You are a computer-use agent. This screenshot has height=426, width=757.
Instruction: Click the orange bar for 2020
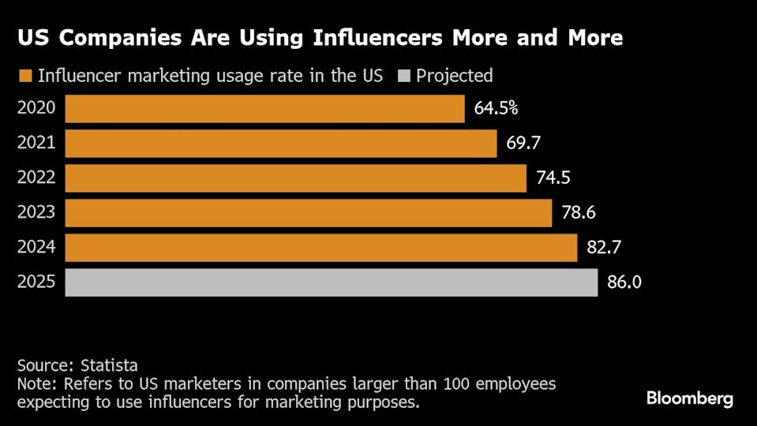tap(264, 109)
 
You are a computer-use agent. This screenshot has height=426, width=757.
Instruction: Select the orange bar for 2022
tap(295, 178)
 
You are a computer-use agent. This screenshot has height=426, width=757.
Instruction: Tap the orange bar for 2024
tap(320, 248)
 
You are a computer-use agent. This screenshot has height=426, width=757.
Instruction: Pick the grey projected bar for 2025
tap(331, 282)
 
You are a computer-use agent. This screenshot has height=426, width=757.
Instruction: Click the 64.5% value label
tap(496, 109)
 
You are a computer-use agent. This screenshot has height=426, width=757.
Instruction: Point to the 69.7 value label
tap(523, 144)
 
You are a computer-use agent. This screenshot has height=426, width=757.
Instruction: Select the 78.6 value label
tap(578, 213)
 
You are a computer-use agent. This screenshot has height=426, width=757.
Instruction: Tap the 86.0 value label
tap(624, 282)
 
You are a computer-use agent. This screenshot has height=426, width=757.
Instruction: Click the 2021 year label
tap(36, 144)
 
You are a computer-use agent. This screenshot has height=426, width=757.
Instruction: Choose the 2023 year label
tap(36, 213)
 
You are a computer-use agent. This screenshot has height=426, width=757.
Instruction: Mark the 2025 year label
tap(36, 282)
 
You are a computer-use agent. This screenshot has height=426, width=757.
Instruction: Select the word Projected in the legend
tap(455, 76)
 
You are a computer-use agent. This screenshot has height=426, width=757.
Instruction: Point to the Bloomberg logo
tap(689, 398)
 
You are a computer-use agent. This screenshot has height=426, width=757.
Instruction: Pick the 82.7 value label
tap(605, 248)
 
